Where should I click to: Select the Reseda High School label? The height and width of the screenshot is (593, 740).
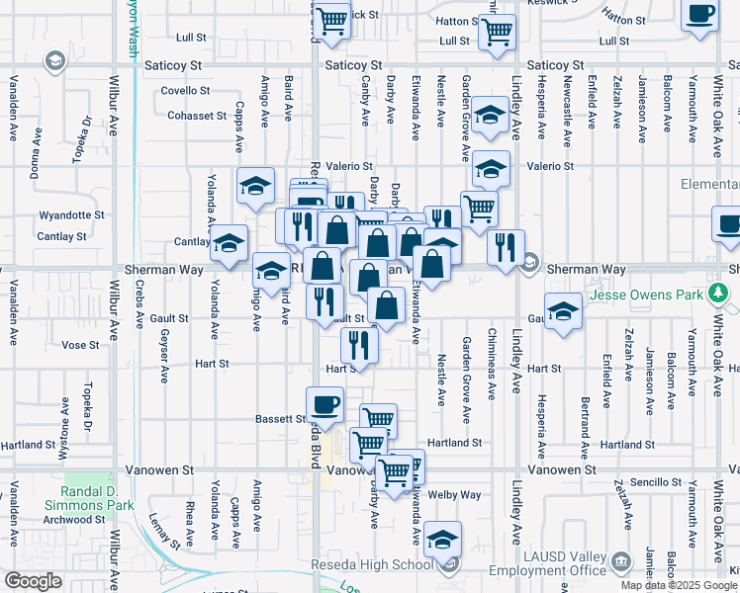point(378,564)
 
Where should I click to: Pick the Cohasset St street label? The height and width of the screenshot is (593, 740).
point(196,116)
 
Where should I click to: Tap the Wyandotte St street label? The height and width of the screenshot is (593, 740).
point(71,214)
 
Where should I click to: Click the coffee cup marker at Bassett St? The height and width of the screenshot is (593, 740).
point(325,403)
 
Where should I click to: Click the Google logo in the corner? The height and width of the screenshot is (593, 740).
point(33,581)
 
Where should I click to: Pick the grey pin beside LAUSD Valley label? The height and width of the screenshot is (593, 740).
point(621,563)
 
